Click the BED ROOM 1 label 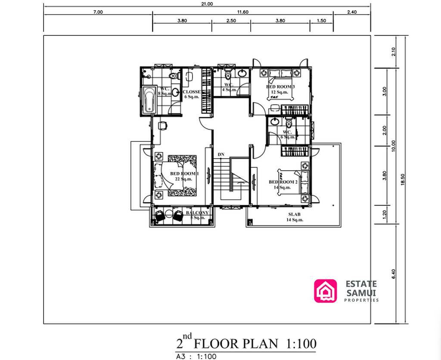click(x=184, y=174)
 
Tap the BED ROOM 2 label click(x=283, y=182)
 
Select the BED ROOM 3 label click(x=280, y=87)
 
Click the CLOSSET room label click(x=191, y=92)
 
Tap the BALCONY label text click(x=197, y=213)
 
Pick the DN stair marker click(x=221, y=154)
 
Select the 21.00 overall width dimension click(x=207, y=3)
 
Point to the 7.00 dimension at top click(x=98, y=12)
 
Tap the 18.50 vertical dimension click(x=403, y=179)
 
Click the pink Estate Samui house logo click(x=325, y=291)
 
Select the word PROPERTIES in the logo click(x=361, y=300)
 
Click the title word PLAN click(x=258, y=344)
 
